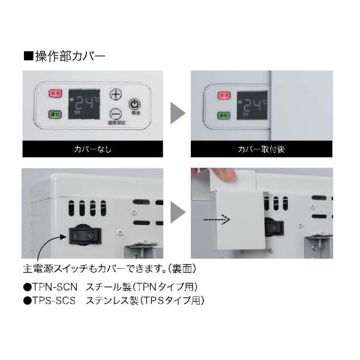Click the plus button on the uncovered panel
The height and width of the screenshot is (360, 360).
tap(116, 94)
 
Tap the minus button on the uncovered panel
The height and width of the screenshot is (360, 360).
tap(116, 113)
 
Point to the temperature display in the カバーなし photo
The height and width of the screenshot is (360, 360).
tap(84, 104)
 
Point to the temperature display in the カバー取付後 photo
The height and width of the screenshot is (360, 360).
tap(251, 104)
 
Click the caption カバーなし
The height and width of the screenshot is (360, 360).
tap(93, 149)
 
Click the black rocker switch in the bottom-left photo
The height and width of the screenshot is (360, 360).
tap(83, 236)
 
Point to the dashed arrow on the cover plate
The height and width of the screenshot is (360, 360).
tap(217, 220)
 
